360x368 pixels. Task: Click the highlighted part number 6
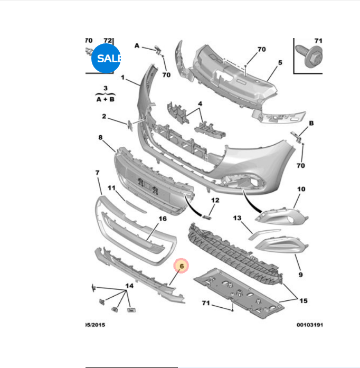pyautogui.click(x=181, y=267)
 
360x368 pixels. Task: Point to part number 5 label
pyautogui.click(x=280, y=62)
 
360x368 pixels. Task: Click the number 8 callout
pyautogui.click(x=100, y=138)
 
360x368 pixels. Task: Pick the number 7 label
pyautogui.click(x=97, y=173)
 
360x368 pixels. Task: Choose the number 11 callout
pyautogui.click(x=111, y=188)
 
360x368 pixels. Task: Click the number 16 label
pyautogui.click(x=163, y=219)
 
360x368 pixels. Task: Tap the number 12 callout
pyautogui.click(x=215, y=201)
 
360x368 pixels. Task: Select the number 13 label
pyautogui.click(x=236, y=218)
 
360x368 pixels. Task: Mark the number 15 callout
pyautogui.click(x=303, y=301)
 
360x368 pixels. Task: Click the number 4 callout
pyautogui.click(x=200, y=103)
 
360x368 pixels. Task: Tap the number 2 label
pyautogui.click(x=104, y=117)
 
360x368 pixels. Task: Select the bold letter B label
pyautogui.click(x=311, y=123)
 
